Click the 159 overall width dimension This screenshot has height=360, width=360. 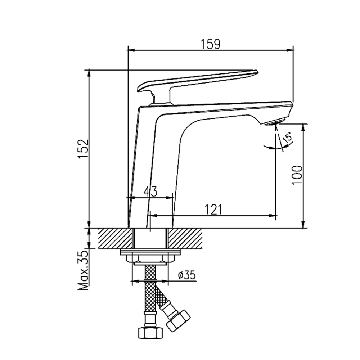pos(211,44)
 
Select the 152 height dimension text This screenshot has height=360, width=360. pos(83,148)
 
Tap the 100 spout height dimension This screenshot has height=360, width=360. pos(297,175)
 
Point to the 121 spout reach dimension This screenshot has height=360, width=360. pos(213,210)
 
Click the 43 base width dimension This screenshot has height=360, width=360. pos(150,192)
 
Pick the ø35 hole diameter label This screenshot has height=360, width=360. pos(186,275)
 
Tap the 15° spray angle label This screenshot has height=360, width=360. pos(287,139)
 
